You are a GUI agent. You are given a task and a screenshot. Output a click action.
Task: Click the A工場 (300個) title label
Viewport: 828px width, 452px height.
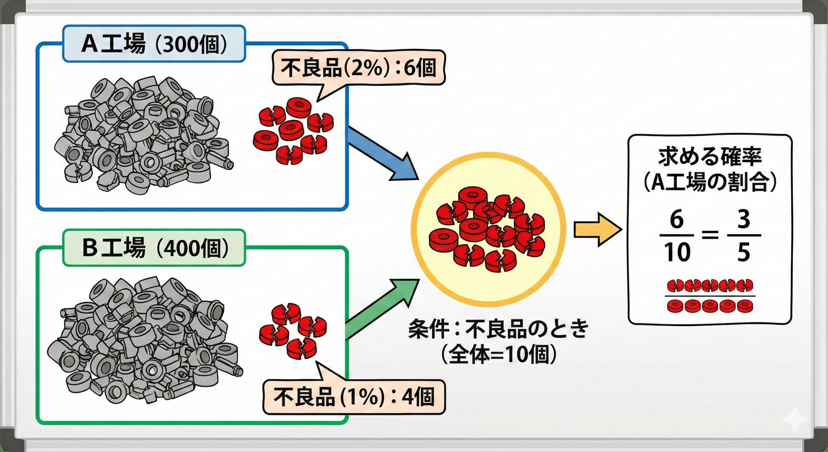pyautogui.click(x=154, y=44)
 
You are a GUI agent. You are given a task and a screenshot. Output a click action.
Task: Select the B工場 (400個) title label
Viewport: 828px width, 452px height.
pyautogui.click(x=154, y=248)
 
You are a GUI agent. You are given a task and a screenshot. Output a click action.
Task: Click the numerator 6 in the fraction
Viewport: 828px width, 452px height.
pyautogui.click(x=676, y=220)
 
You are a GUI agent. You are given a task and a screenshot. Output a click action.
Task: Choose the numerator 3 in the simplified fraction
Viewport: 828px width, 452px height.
pyautogui.click(x=743, y=220)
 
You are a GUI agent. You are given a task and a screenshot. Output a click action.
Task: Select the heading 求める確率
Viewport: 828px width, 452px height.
pyautogui.click(x=710, y=158)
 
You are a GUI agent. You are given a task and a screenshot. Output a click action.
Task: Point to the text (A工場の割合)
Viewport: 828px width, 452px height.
pyautogui.click(x=710, y=183)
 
